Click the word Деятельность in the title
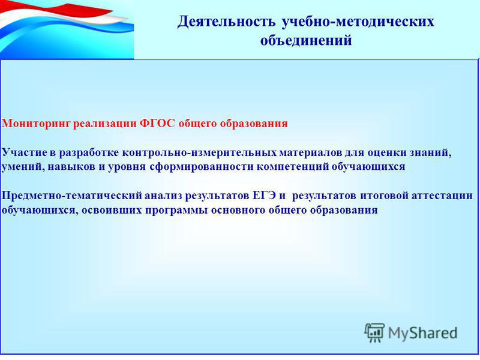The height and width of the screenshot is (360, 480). [x=226, y=22]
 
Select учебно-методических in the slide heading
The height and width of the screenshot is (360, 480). [x=358, y=22]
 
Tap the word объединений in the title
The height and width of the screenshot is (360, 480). [x=306, y=40]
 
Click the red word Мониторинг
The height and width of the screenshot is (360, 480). [x=36, y=124]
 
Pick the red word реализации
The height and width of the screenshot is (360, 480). [x=104, y=124]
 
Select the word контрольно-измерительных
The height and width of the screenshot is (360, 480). [x=199, y=152]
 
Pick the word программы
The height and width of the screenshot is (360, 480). [x=176, y=211]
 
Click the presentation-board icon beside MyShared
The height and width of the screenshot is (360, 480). [x=374, y=332]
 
